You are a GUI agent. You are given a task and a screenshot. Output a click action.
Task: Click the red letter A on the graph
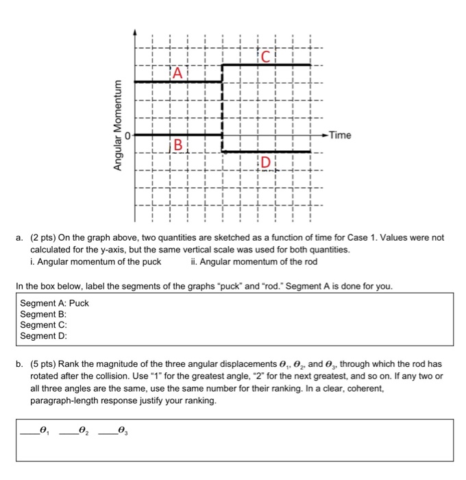click(178, 72)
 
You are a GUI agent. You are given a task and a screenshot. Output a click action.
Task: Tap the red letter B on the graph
click(178, 145)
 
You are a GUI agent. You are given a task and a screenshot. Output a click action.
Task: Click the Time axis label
click(339, 135)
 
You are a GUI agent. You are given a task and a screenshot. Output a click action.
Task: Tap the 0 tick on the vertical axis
click(127, 135)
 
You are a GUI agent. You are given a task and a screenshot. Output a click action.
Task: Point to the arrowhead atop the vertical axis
click(135, 32)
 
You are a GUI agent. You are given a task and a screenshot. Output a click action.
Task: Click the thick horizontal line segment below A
click(178, 82)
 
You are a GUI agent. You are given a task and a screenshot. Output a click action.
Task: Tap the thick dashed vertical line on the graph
click(222, 110)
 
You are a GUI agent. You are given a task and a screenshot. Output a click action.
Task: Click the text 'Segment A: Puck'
click(55, 303)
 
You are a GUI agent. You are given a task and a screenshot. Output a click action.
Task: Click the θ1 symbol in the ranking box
click(45, 431)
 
